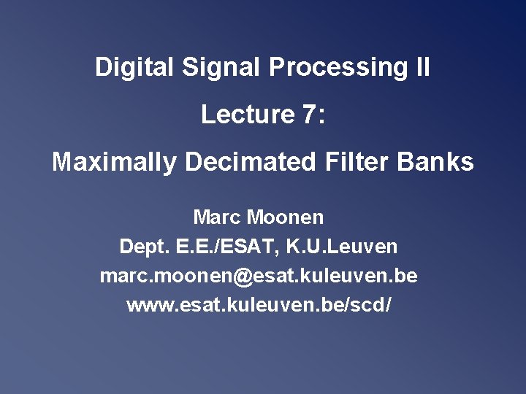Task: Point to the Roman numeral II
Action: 422,68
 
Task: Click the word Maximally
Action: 113,162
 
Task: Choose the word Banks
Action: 438,162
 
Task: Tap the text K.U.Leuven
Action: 346,247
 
